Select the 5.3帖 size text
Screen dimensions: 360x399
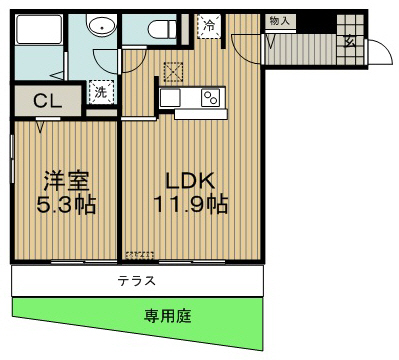click(x=67, y=205)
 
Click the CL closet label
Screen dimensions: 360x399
click(x=44, y=101)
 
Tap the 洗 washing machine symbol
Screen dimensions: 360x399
click(x=101, y=92)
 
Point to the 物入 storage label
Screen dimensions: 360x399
click(x=279, y=20)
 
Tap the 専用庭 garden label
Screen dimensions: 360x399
click(x=166, y=316)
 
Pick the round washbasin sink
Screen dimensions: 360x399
click(x=100, y=29)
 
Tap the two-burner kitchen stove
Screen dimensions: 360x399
click(x=210, y=97)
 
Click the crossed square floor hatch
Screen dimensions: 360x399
click(x=172, y=70)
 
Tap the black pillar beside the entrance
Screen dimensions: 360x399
click(x=322, y=19)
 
